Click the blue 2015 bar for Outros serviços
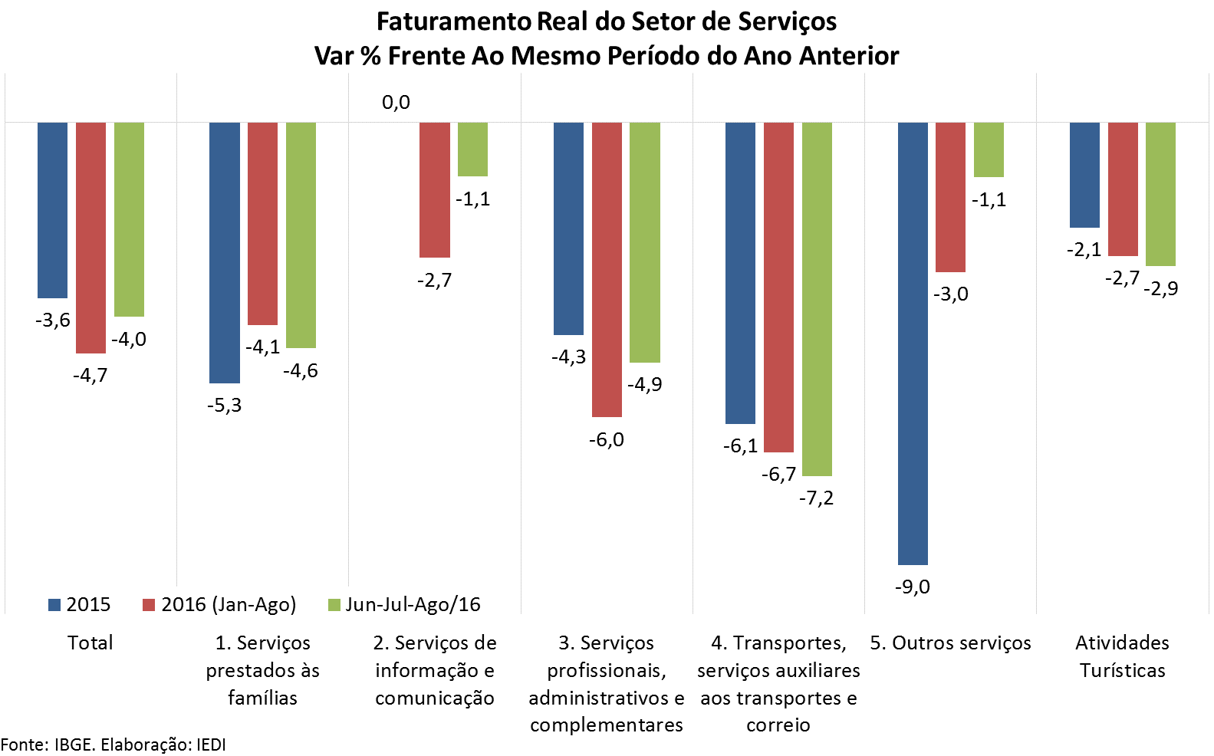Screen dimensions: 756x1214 click(913, 343)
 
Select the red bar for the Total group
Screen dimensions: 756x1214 click(90, 238)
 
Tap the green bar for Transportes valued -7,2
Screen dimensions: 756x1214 click(817, 299)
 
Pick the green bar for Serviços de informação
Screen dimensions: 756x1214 click(472, 150)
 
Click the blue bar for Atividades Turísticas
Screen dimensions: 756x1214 click(1084, 175)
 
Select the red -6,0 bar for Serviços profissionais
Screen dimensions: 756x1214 click(607, 270)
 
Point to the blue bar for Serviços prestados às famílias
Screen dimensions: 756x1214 click(225, 253)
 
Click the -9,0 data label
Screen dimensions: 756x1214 click(913, 587)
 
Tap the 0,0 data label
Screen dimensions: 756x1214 click(396, 103)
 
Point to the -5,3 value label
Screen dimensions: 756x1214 click(225, 406)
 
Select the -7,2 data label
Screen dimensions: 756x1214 click(816, 498)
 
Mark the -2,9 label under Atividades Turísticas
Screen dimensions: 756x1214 click(1161, 289)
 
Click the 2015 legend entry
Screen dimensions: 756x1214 click(79, 605)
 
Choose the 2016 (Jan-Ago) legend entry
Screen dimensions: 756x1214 click(219, 605)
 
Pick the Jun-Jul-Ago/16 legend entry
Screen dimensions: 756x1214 click(404, 605)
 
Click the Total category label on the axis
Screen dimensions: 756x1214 click(90, 643)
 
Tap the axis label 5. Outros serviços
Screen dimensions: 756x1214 click(950, 643)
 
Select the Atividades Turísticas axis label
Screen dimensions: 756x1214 click(1122, 656)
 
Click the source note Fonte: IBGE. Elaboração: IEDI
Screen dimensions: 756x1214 click(114, 744)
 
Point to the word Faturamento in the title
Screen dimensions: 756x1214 click(454, 21)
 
